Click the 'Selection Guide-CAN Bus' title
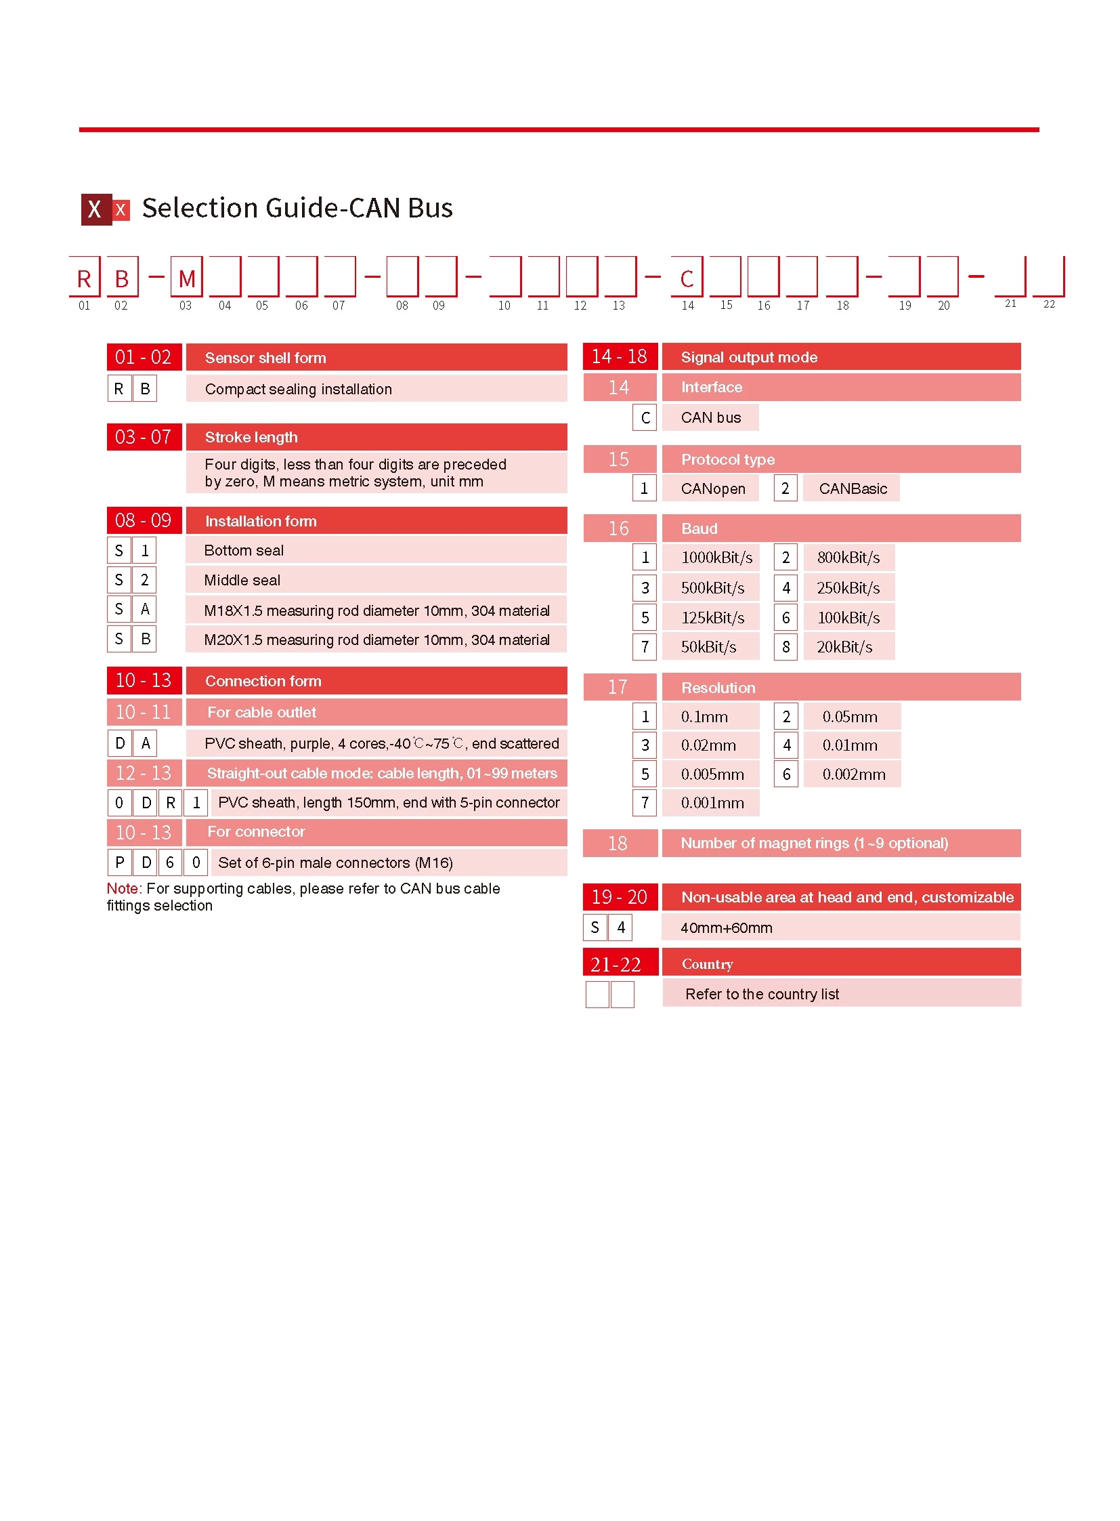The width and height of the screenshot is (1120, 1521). pos(297,208)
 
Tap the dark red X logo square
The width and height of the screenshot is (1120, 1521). pos(96,209)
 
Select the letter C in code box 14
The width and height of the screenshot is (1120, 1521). pos(687,279)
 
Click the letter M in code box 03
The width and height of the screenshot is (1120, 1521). pos(186,279)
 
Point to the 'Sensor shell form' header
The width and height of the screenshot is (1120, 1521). pos(265,358)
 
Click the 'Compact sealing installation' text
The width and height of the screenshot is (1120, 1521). pos(299,390)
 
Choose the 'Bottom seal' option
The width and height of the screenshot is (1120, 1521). pos(244,551)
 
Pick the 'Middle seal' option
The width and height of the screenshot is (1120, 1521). pos(242,581)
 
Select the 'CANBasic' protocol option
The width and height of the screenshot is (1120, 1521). pos(853,489)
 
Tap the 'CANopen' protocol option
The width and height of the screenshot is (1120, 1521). pos(712,489)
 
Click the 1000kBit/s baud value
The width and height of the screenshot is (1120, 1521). pos(716,558)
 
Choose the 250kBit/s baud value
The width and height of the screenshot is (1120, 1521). pos(848,588)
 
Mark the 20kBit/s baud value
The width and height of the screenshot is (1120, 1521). pos(844,647)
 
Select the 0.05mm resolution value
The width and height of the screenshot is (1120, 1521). pos(850,717)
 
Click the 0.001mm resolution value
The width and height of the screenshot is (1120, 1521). pos(712,804)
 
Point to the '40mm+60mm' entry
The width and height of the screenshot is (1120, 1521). pos(726,928)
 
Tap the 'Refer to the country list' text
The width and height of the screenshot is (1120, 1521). pos(762,995)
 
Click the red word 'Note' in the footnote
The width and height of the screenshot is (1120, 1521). pos(122,889)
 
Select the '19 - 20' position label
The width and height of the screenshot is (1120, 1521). pos(619,898)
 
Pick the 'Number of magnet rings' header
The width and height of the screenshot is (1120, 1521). pos(813,843)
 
